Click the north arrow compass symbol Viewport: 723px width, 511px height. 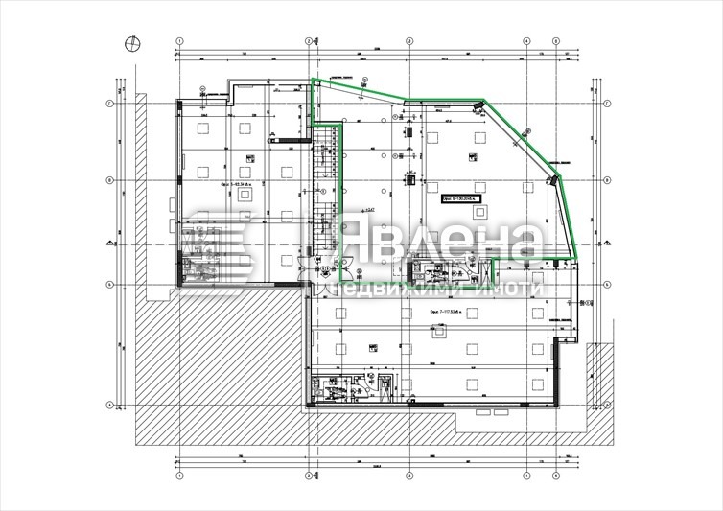[131, 41]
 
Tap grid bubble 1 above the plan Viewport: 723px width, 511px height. [179, 41]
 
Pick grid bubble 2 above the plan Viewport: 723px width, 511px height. [309, 41]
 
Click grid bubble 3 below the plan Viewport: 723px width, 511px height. [409, 474]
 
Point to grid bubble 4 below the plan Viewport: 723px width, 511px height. [526, 474]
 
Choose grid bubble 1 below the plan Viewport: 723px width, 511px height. [179, 474]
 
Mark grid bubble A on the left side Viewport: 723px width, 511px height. [109, 404]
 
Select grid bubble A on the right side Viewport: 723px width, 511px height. [607, 404]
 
